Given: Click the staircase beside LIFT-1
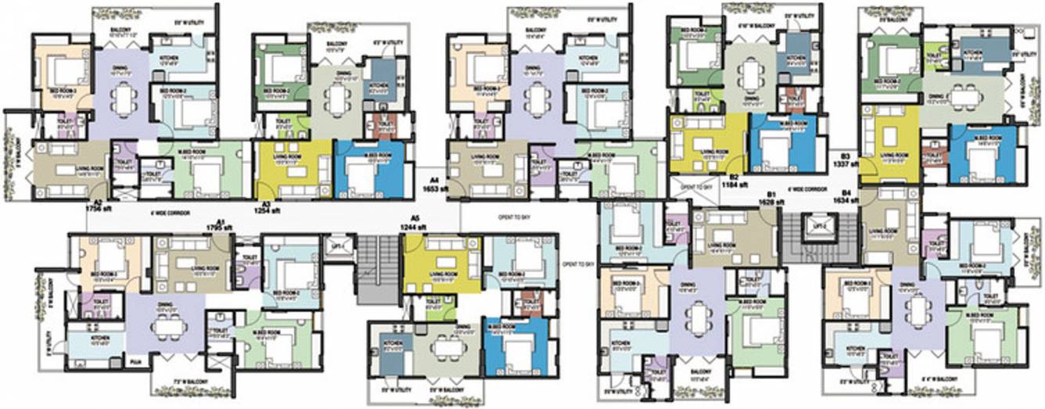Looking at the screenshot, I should click(x=378, y=270).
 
